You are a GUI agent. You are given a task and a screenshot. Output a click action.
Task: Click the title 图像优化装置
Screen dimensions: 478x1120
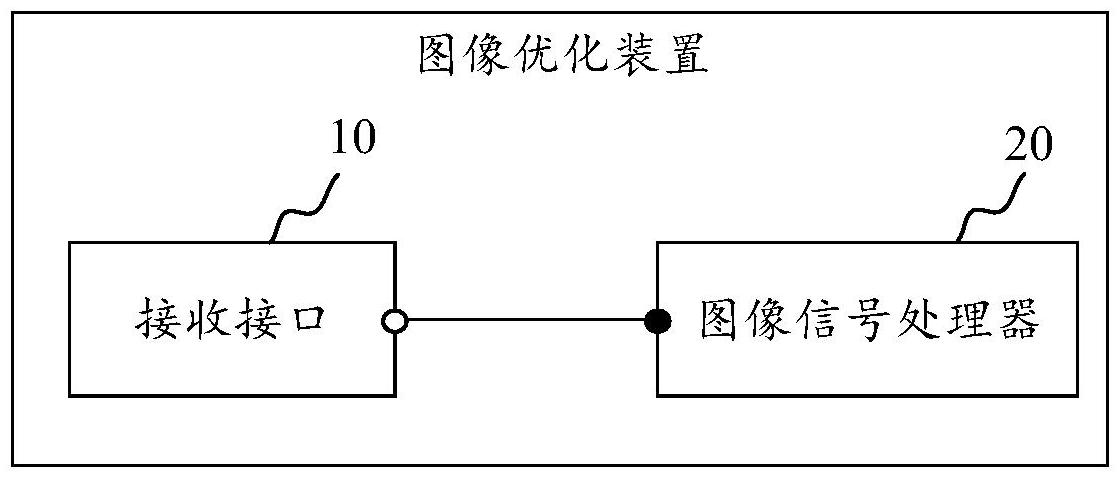[562, 57]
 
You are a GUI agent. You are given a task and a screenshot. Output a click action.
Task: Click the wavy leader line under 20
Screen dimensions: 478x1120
[990, 207]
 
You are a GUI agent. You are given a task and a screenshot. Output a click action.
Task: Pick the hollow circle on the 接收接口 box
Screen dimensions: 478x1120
[395, 321]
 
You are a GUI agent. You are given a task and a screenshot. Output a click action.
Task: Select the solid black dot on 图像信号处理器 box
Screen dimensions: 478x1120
[658, 321]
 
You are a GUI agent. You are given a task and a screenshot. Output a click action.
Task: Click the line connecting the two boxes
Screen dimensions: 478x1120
[527, 321]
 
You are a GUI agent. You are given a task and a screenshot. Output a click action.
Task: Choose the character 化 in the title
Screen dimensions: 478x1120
[586, 57]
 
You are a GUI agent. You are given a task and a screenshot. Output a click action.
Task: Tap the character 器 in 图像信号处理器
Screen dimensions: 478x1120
[1020, 322]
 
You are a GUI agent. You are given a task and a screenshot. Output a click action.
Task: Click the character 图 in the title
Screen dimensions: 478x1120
[437, 57]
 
